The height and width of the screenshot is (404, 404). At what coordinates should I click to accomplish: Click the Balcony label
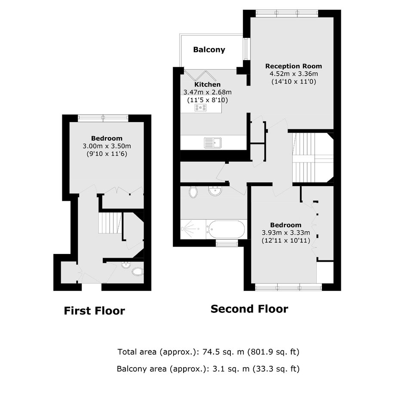(209, 49)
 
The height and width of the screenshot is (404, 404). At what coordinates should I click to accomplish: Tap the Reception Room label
(294, 66)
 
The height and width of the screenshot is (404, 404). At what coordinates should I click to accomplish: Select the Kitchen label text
(208, 84)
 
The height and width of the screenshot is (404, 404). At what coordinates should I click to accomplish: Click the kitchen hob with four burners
(200, 107)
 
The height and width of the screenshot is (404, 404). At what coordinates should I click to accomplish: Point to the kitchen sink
(213, 143)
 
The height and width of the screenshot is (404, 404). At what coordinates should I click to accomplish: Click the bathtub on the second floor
(226, 229)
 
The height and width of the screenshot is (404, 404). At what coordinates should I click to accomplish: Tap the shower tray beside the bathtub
(193, 229)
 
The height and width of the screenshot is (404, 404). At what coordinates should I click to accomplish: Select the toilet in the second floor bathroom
(193, 192)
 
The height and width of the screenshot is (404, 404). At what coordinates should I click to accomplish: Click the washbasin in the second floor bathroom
(215, 191)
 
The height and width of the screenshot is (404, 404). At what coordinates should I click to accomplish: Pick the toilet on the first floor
(138, 272)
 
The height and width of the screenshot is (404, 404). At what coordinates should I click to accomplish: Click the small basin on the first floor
(126, 265)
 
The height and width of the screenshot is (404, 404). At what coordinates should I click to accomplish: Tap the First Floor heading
(94, 311)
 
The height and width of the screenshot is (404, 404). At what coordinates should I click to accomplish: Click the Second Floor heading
(249, 309)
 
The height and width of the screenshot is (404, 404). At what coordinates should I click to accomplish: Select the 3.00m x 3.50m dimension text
(107, 146)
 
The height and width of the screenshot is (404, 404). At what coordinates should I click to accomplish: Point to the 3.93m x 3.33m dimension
(286, 233)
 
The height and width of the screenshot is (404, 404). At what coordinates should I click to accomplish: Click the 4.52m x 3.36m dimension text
(294, 73)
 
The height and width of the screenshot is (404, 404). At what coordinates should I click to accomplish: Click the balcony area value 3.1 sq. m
(231, 369)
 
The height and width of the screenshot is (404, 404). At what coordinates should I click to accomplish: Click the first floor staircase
(110, 223)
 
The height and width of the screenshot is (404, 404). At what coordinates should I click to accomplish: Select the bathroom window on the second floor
(227, 243)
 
